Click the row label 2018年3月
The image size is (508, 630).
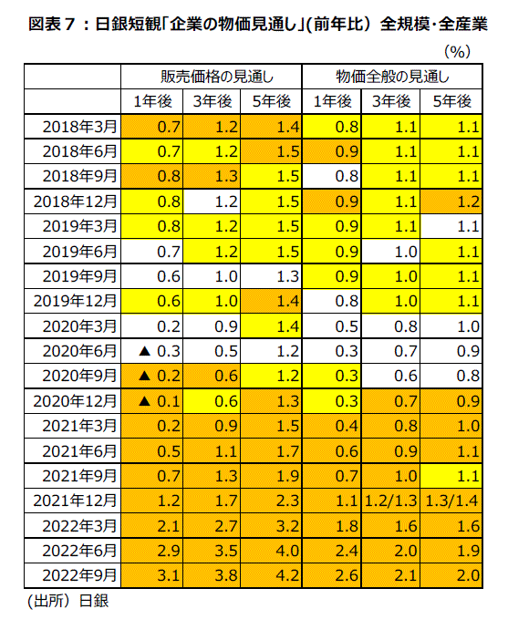[79, 127]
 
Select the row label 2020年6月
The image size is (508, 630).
[79, 351]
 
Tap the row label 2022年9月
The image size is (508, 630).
[79, 575]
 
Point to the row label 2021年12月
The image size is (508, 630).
[75, 501]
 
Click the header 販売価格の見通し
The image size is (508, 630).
[217, 77]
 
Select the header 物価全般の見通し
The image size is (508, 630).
[392, 77]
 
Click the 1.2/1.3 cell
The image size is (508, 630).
[390, 501]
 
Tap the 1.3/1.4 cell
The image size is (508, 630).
[451, 501]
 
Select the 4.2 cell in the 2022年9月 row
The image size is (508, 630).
[287, 575]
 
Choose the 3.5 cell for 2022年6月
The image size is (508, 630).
[226, 551]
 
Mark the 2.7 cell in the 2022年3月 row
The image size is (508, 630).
[226, 525]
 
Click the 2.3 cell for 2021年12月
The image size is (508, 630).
[287, 501]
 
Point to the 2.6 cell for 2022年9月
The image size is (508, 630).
[347, 575]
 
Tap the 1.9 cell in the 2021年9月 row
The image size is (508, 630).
[287, 476]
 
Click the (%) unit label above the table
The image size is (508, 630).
[457, 51]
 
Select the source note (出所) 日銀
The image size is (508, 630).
[67, 601]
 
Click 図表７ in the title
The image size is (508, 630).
[52, 24]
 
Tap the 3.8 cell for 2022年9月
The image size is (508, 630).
[226, 575]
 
